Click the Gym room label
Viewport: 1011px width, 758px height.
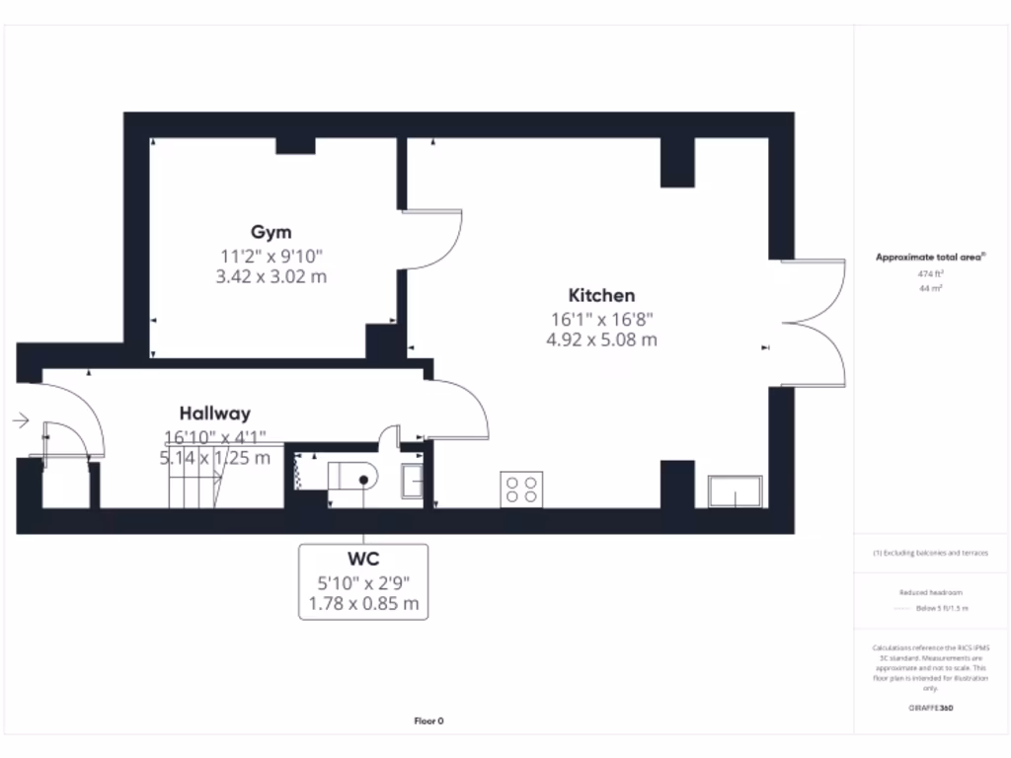271,233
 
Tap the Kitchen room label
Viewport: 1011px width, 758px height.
601,295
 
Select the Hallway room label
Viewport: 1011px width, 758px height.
214,414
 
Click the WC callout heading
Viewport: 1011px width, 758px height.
363,561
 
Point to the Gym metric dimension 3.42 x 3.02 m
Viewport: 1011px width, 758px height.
271,277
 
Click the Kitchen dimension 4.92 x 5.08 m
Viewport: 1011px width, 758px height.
601,340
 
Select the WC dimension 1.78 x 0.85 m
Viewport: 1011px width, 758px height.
363,603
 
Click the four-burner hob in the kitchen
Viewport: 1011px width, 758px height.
522,490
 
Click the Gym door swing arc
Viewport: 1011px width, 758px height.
440,237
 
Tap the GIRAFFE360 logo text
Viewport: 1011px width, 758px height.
932,708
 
